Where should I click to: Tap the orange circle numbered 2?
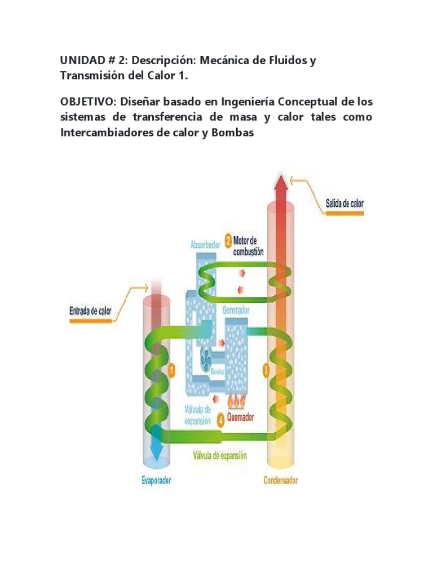[228, 241]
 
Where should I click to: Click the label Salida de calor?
[344, 203]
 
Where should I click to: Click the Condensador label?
[280, 481]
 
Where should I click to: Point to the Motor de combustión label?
[248, 246]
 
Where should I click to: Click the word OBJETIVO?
[84, 102]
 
